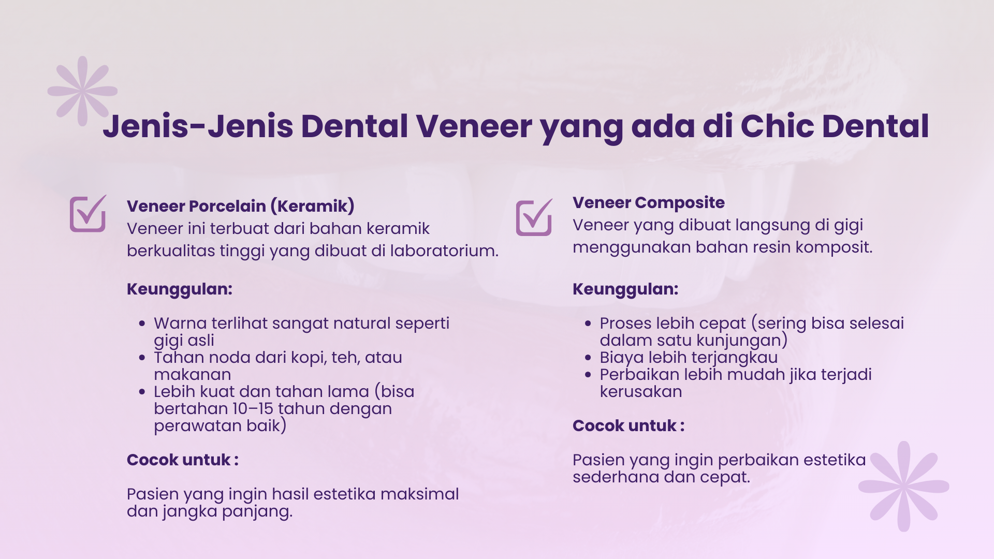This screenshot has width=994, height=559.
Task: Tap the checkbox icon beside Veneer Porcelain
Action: (88, 213)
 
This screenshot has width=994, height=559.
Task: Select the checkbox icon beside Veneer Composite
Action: (534, 217)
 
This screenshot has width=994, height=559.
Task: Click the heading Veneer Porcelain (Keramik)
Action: (241, 206)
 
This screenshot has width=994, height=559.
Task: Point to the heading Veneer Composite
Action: (649, 202)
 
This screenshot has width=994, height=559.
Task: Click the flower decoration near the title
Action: (83, 91)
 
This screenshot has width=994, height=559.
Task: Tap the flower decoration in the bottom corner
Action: (904, 487)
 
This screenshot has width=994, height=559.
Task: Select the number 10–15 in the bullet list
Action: (253, 408)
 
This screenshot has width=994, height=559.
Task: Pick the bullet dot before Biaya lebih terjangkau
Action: (588, 358)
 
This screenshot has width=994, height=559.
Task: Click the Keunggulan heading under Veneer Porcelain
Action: (180, 289)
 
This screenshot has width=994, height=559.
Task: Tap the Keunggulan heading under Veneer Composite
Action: (625, 289)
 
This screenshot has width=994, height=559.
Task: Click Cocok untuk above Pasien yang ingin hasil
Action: (183, 460)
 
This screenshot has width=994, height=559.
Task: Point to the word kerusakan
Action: (641, 392)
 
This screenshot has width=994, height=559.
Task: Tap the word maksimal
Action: (420, 494)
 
